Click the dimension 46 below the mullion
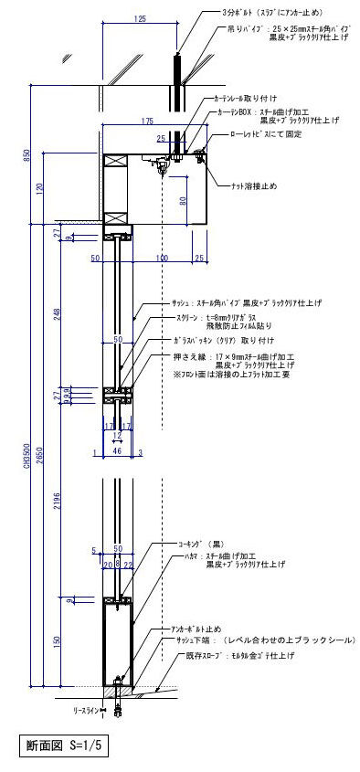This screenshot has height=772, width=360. (x=117, y=451)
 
